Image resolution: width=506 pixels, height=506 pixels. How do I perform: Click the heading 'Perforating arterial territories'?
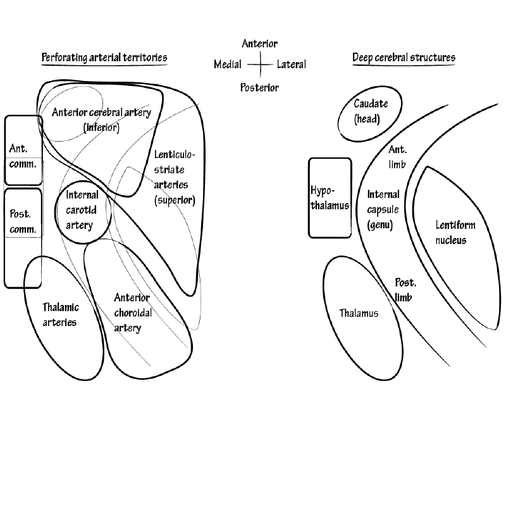104,58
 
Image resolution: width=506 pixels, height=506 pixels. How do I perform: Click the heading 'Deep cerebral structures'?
404,58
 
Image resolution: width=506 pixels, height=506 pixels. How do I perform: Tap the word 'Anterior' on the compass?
259,44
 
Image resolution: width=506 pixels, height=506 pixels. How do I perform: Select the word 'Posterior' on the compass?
259,87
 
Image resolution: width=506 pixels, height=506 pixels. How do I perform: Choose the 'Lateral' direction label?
291,65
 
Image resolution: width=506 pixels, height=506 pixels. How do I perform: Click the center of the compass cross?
259,65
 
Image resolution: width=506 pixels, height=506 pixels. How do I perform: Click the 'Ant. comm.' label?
23,156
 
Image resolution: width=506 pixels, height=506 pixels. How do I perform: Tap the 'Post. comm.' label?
23,221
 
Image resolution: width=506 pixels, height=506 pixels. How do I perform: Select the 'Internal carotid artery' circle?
83,215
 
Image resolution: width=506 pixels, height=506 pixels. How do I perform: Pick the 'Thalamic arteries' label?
61,315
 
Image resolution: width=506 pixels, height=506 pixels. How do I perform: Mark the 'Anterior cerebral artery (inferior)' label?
102,120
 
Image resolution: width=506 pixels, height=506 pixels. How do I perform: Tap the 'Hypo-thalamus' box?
330,197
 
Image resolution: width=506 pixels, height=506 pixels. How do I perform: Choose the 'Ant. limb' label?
398,157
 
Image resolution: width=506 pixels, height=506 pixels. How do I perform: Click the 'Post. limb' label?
404,290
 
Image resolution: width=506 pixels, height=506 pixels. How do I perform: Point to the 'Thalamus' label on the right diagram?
359,313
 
